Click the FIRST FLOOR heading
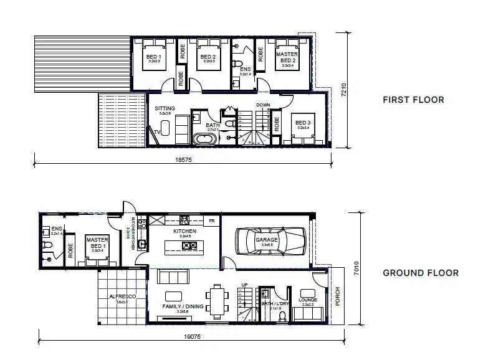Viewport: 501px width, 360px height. tap(413, 100)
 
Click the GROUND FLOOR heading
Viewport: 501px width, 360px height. tap(420, 273)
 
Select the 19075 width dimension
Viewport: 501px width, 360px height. tap(191, 336)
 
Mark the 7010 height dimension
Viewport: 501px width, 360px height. tap(356, 268)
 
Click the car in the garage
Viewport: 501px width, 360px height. tap(270, 240)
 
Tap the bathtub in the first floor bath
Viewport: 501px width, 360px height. tap(204, 139)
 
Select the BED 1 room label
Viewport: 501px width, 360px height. tap(153, 57)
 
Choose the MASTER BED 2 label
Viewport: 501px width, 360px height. tap(287, 57)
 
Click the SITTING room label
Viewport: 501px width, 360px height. tap(165, 108)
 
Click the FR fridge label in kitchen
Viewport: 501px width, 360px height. tap(212, 220)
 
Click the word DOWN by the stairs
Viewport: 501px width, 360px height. tap(263, 105)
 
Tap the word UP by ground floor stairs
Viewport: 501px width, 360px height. tap(244, 285)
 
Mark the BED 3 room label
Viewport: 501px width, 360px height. tap(303, 123)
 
